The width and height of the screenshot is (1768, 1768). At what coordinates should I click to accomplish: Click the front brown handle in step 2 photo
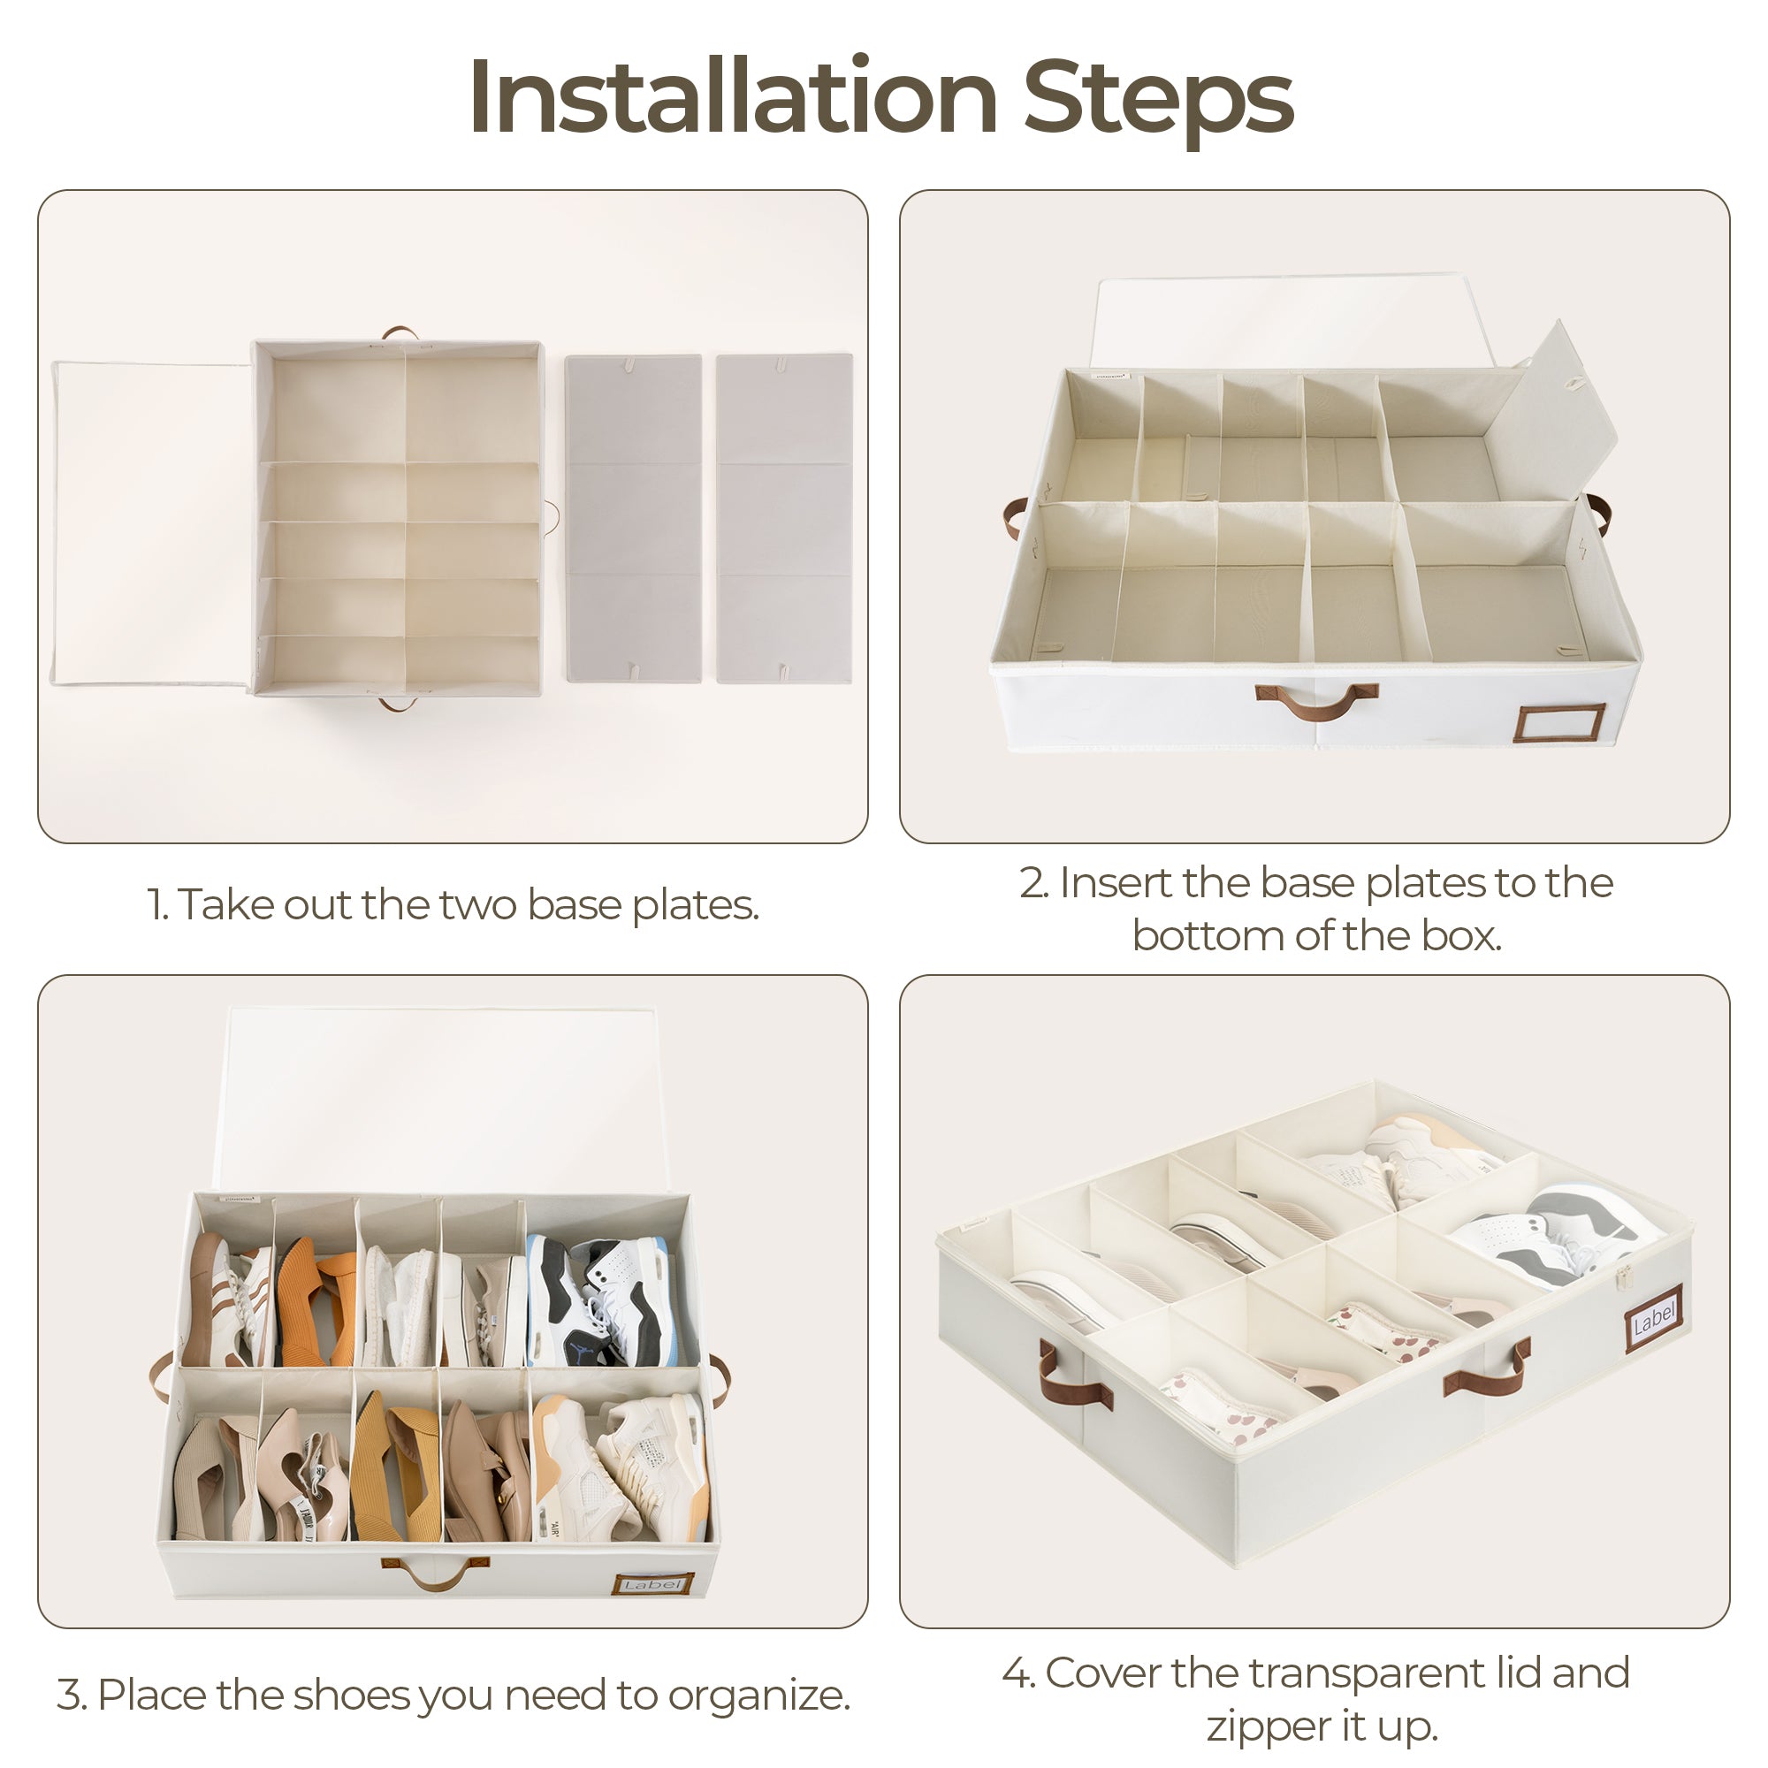1316,700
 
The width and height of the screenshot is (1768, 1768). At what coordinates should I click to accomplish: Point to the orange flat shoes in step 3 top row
316,1300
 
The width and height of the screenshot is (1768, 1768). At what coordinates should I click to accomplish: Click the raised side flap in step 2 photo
1557,408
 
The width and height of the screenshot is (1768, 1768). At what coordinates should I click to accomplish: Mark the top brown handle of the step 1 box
399,332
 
